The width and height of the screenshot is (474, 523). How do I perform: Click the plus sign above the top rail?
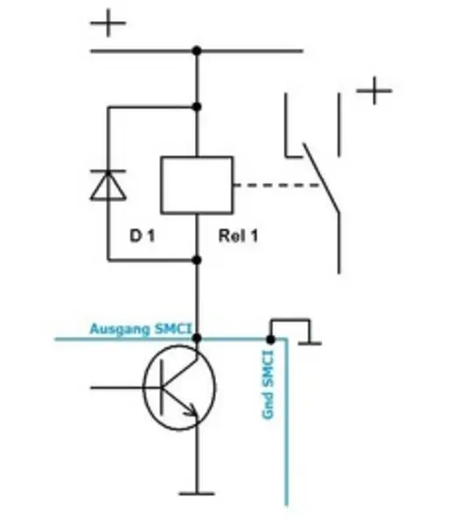tap(108, 24)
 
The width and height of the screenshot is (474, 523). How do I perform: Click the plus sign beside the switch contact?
tap(373, 91)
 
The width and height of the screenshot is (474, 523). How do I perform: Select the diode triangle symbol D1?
tap(108, 185)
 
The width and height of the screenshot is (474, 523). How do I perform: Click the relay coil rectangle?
tap(196, 185)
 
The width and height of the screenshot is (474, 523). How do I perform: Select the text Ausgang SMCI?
tap(140, 330)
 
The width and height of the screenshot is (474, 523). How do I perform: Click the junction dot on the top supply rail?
tap(197, 50)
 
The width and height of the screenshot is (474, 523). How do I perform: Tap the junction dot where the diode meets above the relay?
tap(197, 107)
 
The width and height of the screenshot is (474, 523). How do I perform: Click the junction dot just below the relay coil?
tap(197, 260)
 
